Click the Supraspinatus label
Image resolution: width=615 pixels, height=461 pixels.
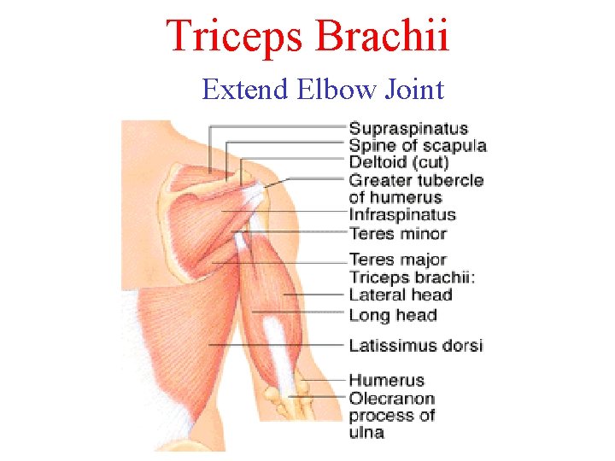click(408, 129)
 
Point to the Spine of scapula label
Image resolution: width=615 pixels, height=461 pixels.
click(417, 146)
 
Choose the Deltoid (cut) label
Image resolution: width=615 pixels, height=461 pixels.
click(399, 162)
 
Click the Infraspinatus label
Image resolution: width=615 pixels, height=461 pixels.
click(402, 215)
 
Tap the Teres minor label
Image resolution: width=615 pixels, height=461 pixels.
click(397, 233)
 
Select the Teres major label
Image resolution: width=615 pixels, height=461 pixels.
click(397, 260)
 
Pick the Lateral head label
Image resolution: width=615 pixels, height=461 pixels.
click(400, 295)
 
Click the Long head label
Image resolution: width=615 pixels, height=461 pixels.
click(392, 315)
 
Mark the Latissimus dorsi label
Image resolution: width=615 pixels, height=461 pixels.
click(415, 346)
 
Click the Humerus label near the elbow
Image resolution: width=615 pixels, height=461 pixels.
click(386, 381)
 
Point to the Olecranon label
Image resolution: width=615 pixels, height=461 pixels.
click(391, 399)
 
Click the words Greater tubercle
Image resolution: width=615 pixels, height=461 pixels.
click(416, 180)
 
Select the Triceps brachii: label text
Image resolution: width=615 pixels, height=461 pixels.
click(413, 277)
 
